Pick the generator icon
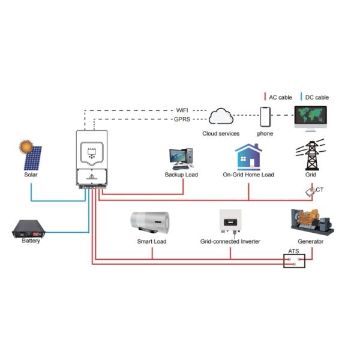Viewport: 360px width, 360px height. (x=311, y=221)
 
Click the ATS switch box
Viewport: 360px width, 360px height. (x=295, y=260)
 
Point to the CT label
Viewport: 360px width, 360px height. (x=320, y=190)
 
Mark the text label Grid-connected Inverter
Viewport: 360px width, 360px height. (x=230, y=241)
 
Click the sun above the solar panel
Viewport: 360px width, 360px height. (x=25, y=145)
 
